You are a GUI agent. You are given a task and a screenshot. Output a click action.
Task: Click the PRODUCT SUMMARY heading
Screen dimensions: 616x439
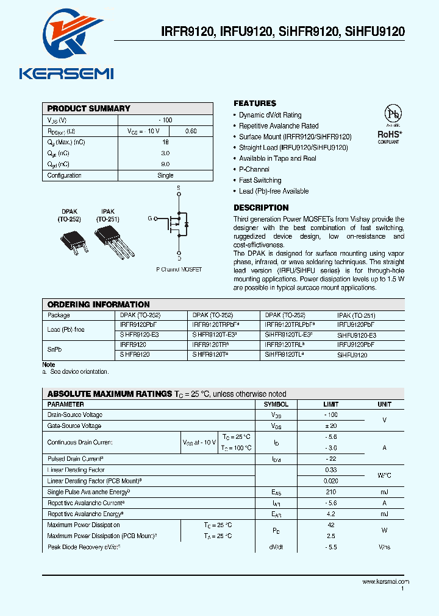pyautogui.click(x=89, y=108)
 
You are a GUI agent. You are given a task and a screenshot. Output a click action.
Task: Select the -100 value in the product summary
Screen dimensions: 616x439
pyautogui.click(x=165, y=121)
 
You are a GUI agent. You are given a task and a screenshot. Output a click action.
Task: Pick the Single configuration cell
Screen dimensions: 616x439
pyautogui.click(x=165, y=175)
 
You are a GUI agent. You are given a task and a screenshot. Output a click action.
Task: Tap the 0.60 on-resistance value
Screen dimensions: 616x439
pyautogui.click(x=191, y=131)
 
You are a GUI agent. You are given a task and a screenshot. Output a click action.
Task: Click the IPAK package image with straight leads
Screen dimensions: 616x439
pyautogui.click(x=113, y=239)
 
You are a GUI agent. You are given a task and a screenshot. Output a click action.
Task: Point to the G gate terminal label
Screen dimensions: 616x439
pyautogui.click(x=149, y=218)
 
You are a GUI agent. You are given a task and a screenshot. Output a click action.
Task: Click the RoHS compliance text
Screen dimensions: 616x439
pyautogui.click(x=388, y=134)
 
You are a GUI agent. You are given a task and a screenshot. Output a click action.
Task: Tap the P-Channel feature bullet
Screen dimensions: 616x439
pyautogui.click(x=254, y=169)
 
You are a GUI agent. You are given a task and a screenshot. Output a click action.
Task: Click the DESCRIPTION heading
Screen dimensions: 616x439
pyautogui.click(x=261, y=208)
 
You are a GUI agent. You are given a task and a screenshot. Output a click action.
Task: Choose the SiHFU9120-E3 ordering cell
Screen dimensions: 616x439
pyautogui.click(x=357, y=335)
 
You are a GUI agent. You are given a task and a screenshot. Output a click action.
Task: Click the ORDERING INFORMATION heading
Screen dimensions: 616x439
pyautogui.click(x=98, y=304)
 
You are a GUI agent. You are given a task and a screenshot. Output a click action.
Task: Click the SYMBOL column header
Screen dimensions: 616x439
pyautogui.click(x=276, y=404)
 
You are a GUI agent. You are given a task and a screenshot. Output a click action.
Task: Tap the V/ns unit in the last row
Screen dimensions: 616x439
pyautogui.click(x=384, y=547)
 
